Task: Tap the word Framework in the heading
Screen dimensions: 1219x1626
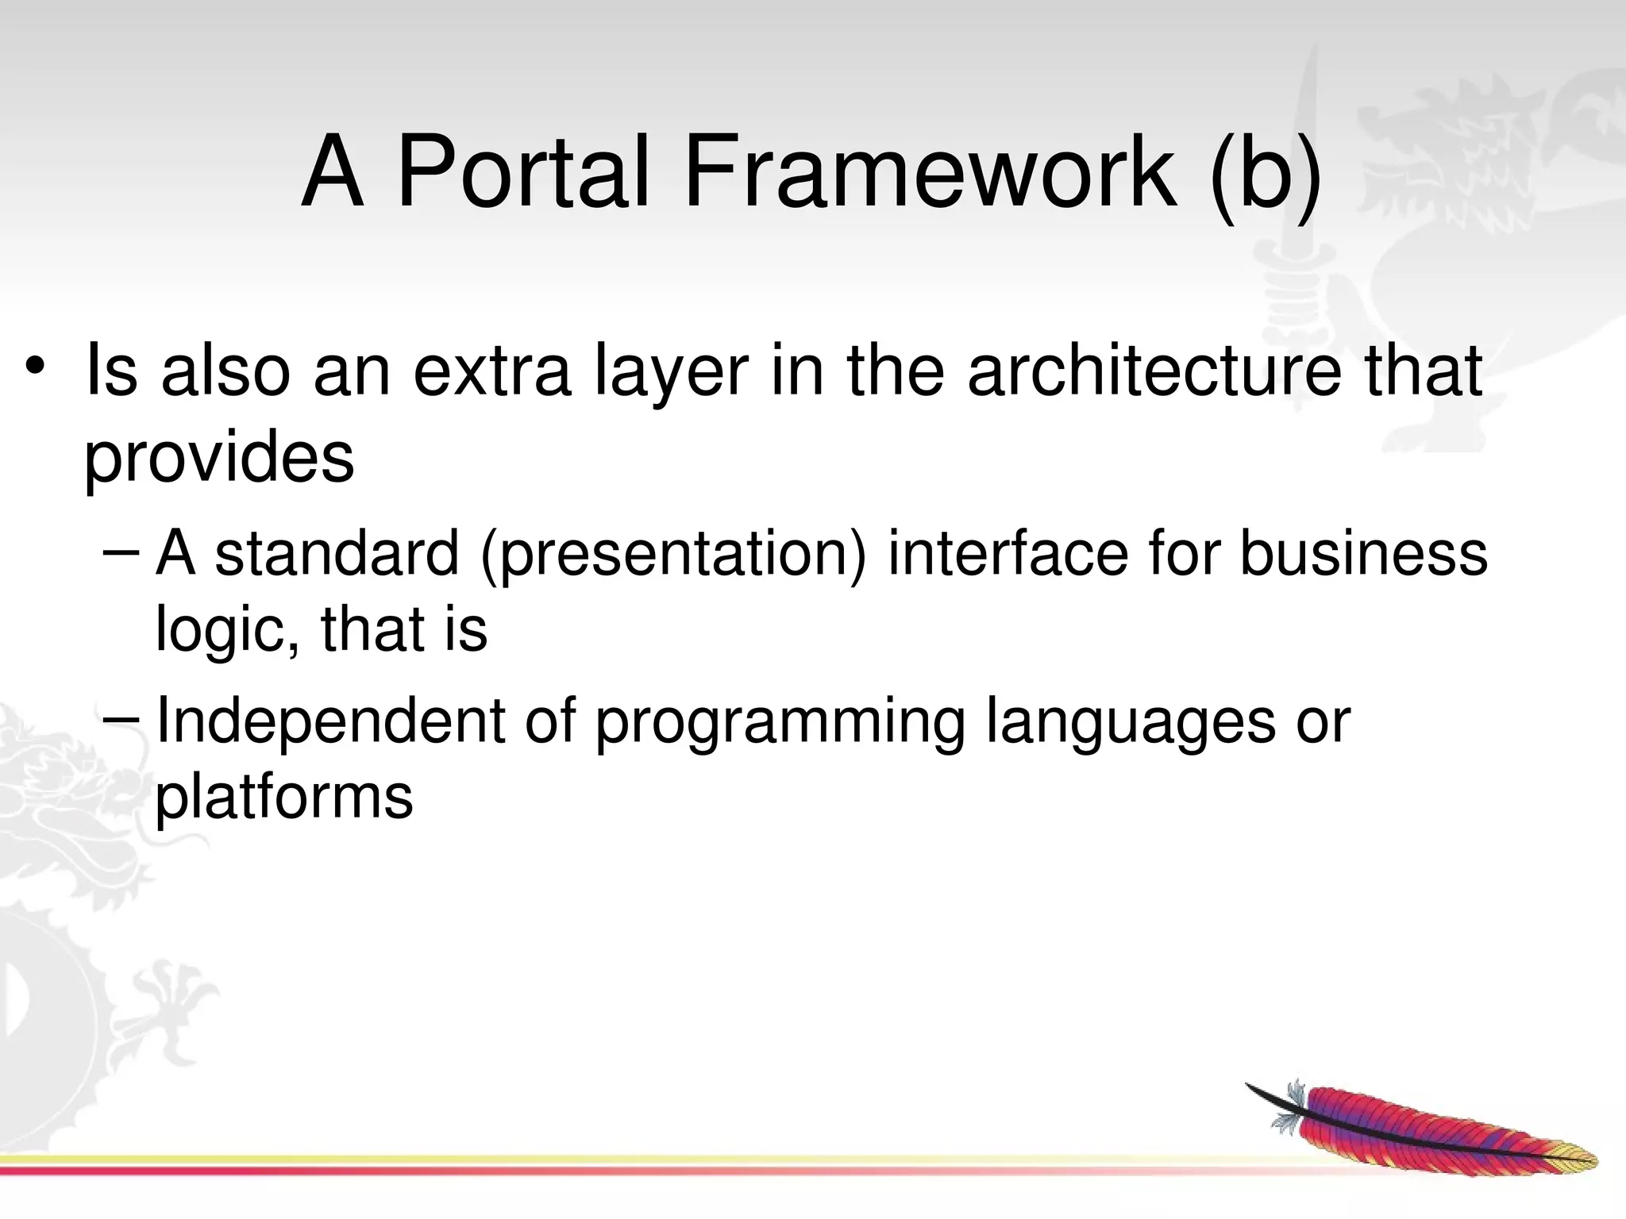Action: coord(929,172)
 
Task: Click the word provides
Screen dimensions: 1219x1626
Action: coord(219,458)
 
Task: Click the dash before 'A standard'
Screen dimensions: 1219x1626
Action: coord(121,552)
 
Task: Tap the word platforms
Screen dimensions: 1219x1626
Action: coord(283,797)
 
